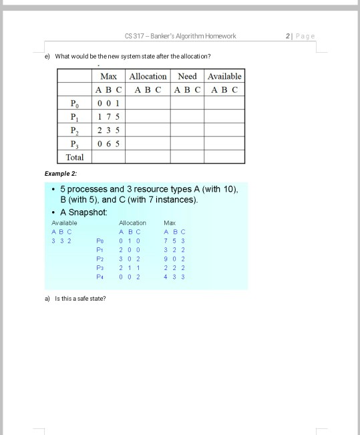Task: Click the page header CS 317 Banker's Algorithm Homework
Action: click(x=180, y=35)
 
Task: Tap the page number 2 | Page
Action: click(x=299, y=35)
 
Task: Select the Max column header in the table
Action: click(x=108, y=77)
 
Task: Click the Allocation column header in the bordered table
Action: click(x=148, y=77)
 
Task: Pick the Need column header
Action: click(x=187, y=77)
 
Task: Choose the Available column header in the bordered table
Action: click(x=224, y=77)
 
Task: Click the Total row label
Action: click(x=74, y=157)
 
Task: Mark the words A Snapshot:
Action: click(x=83, y=211)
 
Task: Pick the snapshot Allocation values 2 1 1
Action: click(x=129, y=266)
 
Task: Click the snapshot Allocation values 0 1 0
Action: click(x=129, y=240)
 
